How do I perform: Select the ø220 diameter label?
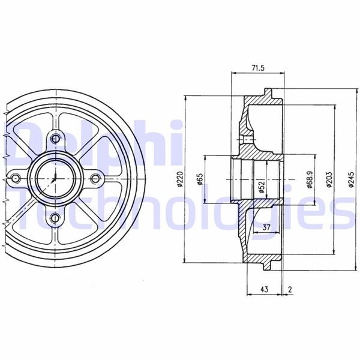pos(179,178)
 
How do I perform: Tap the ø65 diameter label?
pos(199,178)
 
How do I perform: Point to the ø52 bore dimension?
pos(262,187)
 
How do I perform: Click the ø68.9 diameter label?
pos(308,178)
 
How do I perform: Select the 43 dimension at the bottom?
pos(263,289)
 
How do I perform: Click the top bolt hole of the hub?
pos(56,139)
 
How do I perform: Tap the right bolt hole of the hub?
pos(95,178)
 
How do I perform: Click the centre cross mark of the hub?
pos(55,178)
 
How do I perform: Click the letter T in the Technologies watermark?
pos(27,210)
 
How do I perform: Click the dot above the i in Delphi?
pos(176,124)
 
